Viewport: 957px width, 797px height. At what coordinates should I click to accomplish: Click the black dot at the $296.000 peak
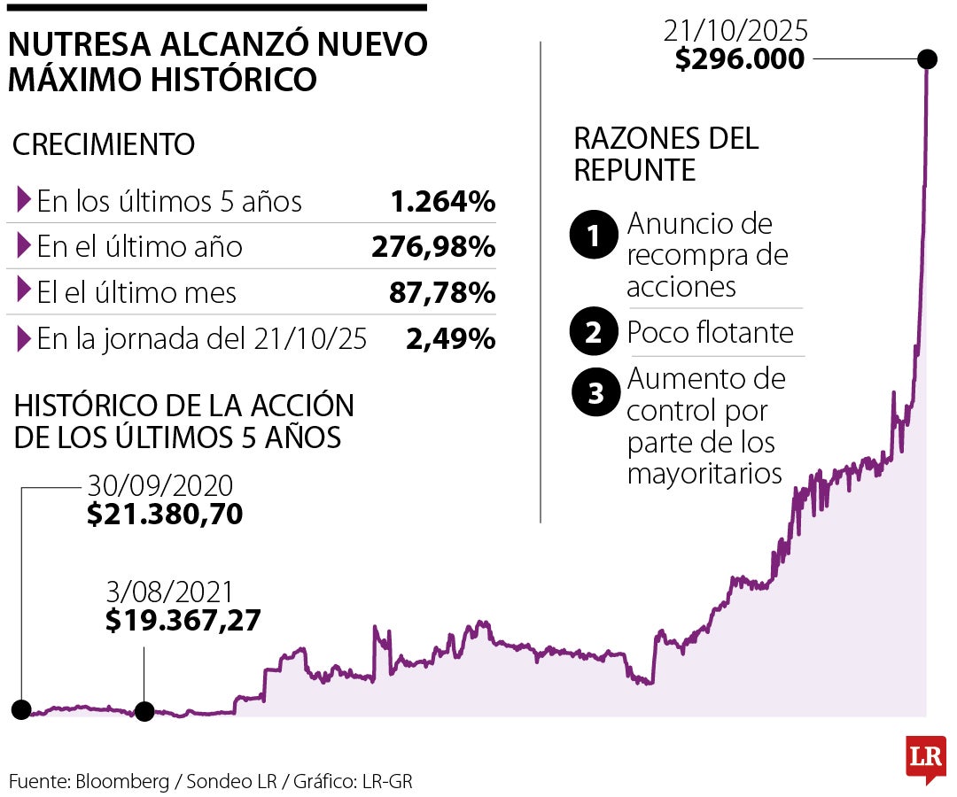click(x=927, y=59)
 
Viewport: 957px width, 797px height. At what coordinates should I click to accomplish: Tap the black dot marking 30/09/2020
click(x=21, y=708)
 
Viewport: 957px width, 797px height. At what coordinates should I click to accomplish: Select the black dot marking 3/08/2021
click(x=144, y=711)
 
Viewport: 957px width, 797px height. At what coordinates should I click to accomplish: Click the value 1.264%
click(x=442, y=202)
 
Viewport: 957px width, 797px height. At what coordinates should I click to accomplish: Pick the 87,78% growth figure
click(x=441, y=293)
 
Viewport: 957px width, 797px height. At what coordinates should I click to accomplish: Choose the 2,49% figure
click(x=450, y=339)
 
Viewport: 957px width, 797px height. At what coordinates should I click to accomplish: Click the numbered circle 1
click(x=595, y=237)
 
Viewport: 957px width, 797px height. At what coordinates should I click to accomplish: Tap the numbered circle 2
click(x=595, y=333)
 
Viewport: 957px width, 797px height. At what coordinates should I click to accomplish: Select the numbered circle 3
click(x=595, y=394)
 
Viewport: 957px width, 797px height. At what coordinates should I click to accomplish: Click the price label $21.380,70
click(x=165, y=515)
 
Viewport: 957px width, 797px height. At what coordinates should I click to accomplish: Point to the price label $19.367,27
click(x=183, y=621)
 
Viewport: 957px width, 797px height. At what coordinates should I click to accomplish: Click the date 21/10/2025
click(x=735, y=33)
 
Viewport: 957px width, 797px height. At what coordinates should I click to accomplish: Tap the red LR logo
click(x=925, y=758)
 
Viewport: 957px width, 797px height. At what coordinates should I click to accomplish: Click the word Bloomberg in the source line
click(x=122, y=781)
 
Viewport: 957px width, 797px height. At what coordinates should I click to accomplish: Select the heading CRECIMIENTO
click(x=104, y=144)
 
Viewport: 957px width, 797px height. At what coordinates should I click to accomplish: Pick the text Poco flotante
click(x=710, y=333)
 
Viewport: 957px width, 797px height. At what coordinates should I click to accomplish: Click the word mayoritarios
click(x=704, y=473)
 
